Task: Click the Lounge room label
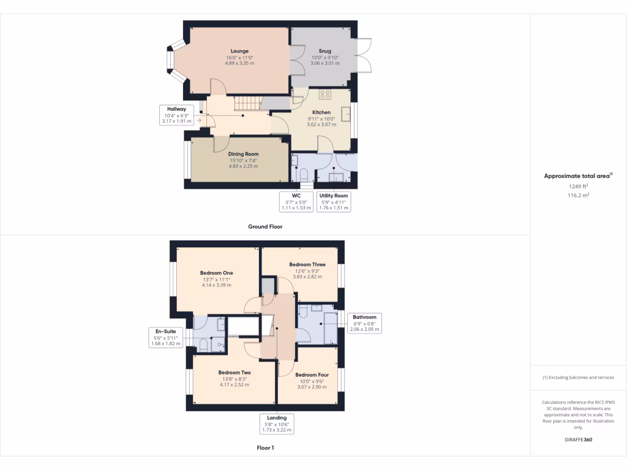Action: click(239, 51)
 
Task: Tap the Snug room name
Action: click(325, 51)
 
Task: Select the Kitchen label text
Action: click(321, 113)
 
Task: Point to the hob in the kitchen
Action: click(325, 94)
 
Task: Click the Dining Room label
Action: click(243, 154)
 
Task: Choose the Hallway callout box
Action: click(177, 115)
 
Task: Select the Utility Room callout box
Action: click(334, 202)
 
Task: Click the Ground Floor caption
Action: click(265, 226)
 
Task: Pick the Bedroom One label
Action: click(216, 273)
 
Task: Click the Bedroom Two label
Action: click(235, 372)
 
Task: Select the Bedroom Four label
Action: click(312, 375)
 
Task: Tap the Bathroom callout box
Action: click(364, 323)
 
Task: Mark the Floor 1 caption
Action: click(265, 448)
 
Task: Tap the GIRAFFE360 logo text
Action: click(578, 439)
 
